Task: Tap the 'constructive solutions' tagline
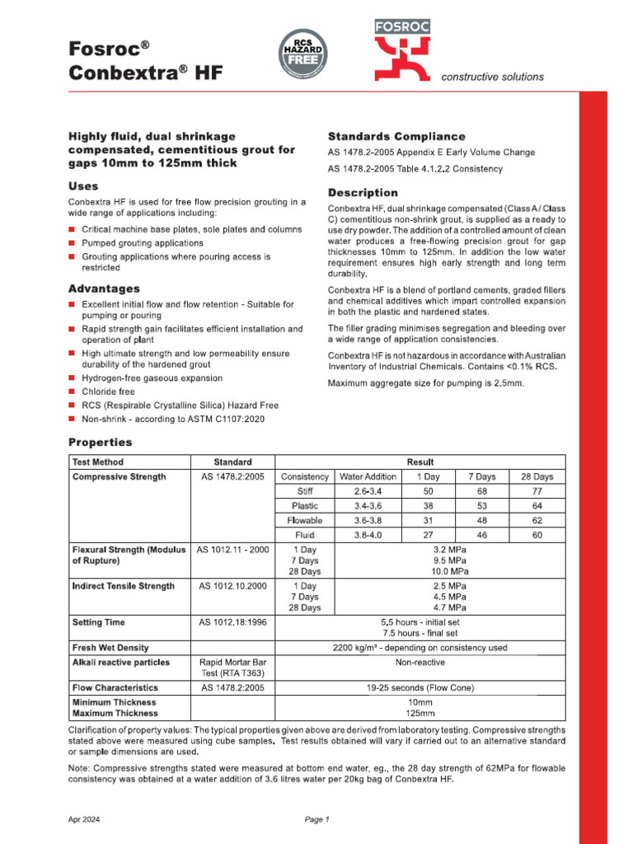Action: tap(493, 77)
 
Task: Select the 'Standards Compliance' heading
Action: tap(396, 136)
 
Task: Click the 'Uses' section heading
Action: tap(83, 186)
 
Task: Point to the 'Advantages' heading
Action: tap(104, 289)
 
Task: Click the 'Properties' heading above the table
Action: tap(100, 443)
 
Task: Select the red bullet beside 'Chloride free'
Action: tap(72, 392)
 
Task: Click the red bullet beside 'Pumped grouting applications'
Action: tap(72, 244)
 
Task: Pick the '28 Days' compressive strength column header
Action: tap(537, 476)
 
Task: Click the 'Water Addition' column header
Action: tap(368, 476)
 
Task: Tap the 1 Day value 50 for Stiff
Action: tap(428, 491)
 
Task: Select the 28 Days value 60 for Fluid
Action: tap(537, 535)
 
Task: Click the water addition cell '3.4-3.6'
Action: tap(368, 506)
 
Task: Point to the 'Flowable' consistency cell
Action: tap(304, 521)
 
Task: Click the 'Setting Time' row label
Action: tap(99, 622)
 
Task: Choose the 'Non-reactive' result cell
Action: tap(420, 662)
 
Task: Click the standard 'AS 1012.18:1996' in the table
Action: tap(232, 622)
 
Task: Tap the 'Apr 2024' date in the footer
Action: tap(83, 819)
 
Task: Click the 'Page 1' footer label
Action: tap(316, 819)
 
